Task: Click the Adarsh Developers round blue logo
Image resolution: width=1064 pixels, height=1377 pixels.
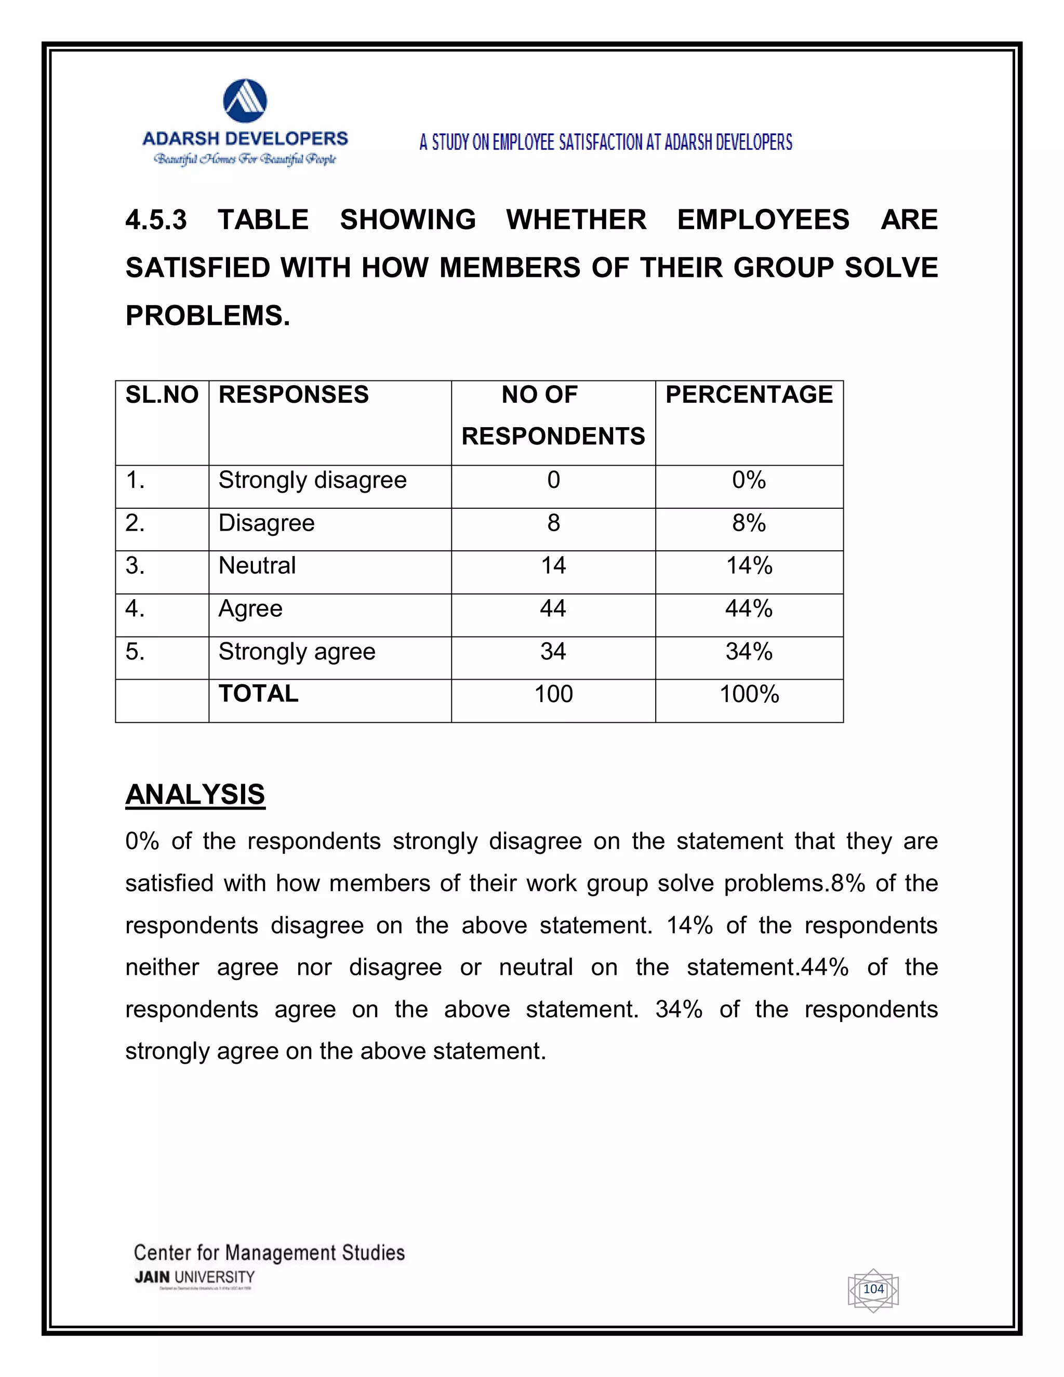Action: [245, 101]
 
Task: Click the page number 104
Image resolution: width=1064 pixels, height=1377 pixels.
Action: [873, 1289]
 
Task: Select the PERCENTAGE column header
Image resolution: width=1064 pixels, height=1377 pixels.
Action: [749, 395]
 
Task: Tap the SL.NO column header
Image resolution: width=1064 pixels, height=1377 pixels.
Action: [162, 395]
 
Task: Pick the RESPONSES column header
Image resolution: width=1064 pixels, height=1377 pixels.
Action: [294, 395]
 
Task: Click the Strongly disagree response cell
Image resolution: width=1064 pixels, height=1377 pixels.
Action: [313, 481]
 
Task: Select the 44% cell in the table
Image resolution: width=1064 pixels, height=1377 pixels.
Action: [749, 608]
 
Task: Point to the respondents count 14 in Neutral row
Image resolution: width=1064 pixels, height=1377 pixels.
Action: [553, 565]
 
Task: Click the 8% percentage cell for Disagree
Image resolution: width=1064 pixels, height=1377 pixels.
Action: [749, 523]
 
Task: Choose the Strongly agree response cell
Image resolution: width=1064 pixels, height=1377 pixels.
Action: [297, 651]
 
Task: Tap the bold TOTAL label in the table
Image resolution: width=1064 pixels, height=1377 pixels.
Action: [258, 694]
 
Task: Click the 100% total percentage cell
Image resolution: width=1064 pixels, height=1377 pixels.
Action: [749, 694]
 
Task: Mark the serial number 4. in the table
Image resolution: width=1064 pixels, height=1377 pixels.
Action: [135, 608]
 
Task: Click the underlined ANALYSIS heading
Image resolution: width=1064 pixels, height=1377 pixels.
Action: [195, 795]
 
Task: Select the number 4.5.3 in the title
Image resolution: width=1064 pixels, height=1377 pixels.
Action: [156, 220]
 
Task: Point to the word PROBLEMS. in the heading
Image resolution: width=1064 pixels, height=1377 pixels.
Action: [208, 316]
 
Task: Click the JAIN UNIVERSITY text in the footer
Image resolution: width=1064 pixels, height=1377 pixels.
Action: [195, 1277]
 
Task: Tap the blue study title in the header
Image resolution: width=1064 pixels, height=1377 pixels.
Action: [606, 142]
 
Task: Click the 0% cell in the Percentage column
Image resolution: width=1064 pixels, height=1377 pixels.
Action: [749, 481]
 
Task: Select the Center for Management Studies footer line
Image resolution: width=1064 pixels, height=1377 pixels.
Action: [269, 1253]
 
